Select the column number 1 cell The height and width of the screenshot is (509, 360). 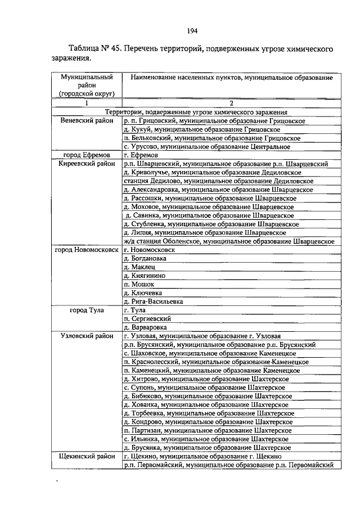[87, 103]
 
